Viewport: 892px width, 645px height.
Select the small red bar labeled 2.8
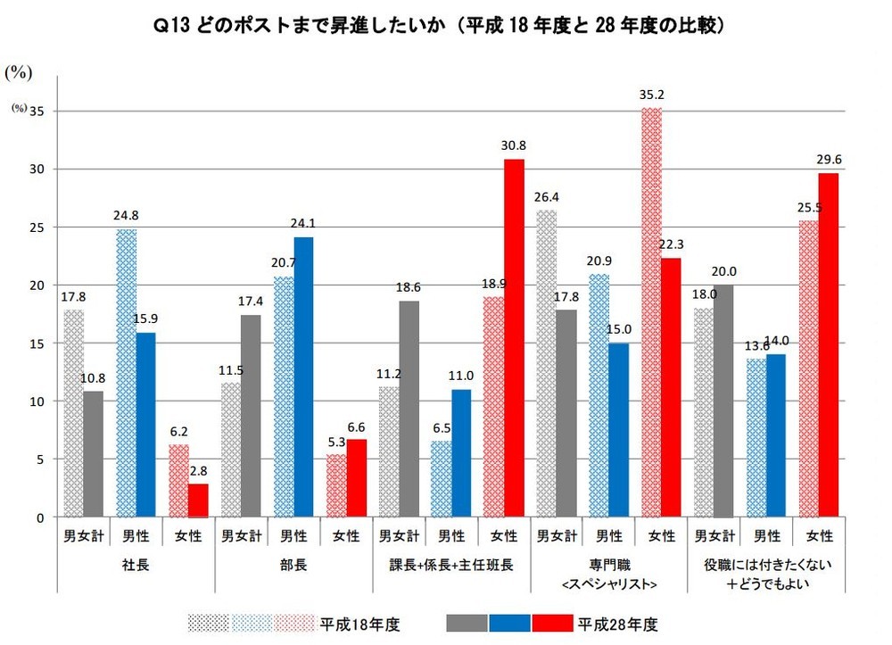tap(199, 500)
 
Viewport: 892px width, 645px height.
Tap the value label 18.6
tap(409, 288)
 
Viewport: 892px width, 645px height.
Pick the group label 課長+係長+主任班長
tap(451, 565)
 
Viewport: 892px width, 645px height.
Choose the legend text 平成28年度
tap(613, 622)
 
